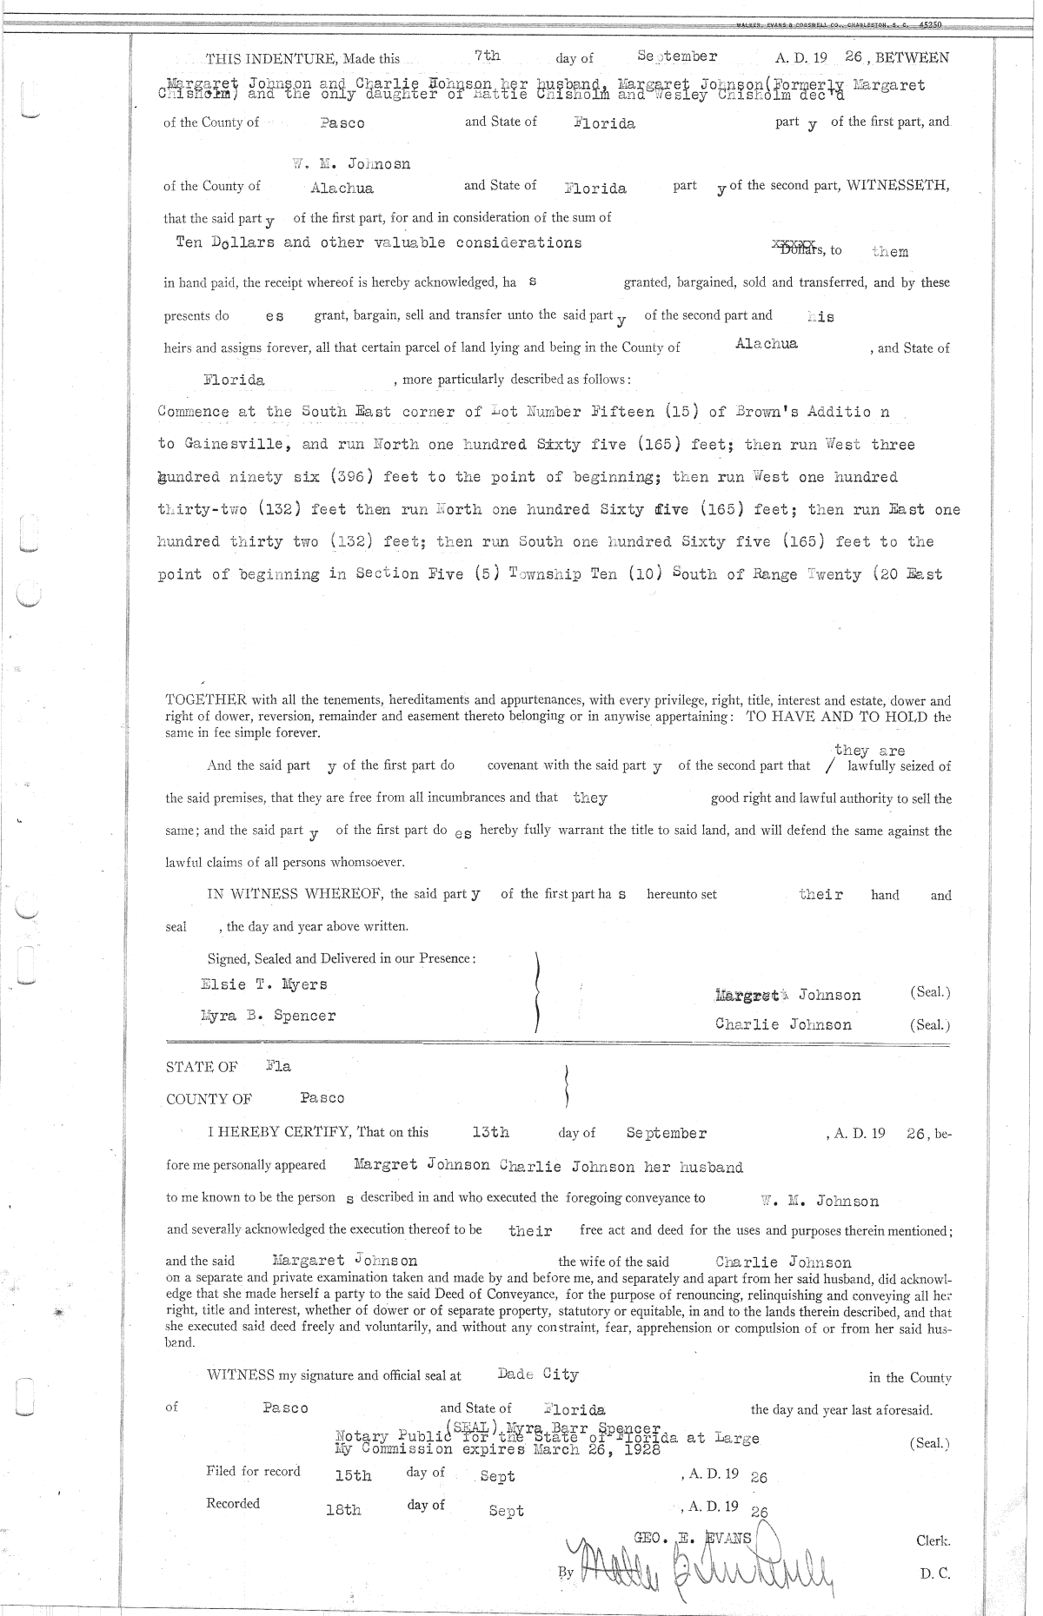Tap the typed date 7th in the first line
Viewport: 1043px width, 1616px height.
click(x=488, y=56)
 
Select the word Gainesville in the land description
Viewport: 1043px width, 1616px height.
click(x=234, y=444)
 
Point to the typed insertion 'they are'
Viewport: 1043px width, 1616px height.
click(x=869, y=751)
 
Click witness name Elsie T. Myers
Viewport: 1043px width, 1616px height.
click(x=264, y=984)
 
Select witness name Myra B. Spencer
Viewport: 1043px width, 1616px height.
click(x=268, y=1016)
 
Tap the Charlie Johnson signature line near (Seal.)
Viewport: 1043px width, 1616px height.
click(x=783, y=1024)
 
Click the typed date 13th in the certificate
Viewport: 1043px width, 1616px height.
click(x=490, y=1132)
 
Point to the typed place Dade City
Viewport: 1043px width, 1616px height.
click(x=538, y=1374)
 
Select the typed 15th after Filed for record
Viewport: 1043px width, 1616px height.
click(x=353, y=1475)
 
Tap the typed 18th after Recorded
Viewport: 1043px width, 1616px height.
click(x=343, y=1510)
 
